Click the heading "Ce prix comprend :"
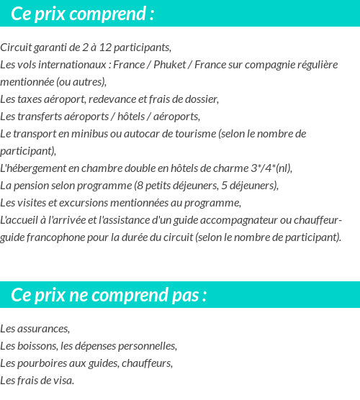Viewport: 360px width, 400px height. [x=83, y=14]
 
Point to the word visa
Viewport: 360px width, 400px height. [x=63, y=381]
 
